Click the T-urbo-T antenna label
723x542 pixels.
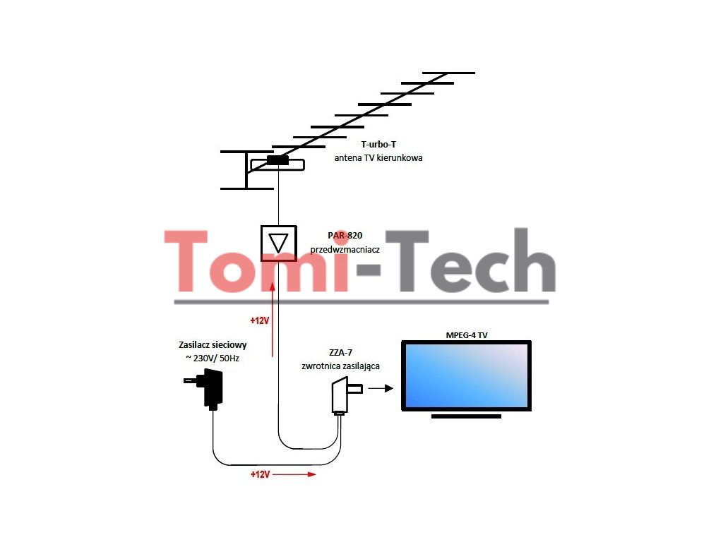378,145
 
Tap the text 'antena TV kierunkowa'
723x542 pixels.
378,158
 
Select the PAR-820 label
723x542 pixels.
345,236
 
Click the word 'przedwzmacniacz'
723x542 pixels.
345,250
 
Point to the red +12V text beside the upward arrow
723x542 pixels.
260,320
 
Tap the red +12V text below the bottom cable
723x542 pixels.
260,474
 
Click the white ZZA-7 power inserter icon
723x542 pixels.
342,395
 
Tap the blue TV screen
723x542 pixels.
466,375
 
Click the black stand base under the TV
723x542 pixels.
466,416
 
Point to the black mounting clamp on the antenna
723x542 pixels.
277,160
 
